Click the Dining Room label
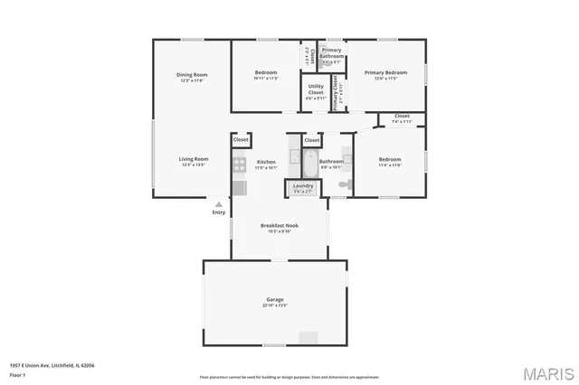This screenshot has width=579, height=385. pyautogui.click(x=192, y=74)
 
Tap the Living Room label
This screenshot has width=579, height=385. pyautogui.click(x=195, y=159)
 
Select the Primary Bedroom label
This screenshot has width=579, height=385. pyautogui.click(x=386, y=72)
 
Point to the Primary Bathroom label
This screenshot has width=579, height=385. pyautogui.click(x=331, y=55)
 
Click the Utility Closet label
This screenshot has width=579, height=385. pyautogui.click(x=316, y=89)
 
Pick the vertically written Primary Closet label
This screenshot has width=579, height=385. pyautogui.click(x=335, y=92)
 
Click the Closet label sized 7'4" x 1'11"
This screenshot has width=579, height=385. pyautogui.click(x=402, y=116)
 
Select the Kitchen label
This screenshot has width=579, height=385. pyautogui.click(x=265, y=162)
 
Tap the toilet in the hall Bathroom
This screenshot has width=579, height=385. pyautogui.click(x=343, y=183)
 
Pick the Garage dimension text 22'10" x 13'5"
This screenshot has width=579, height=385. pyautogui.click(x=275, y=305)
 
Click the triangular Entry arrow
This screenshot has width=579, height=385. pyautogui.click(x=218, y=204)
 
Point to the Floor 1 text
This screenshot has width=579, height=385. pyautogui.click(x=17, y=374)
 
